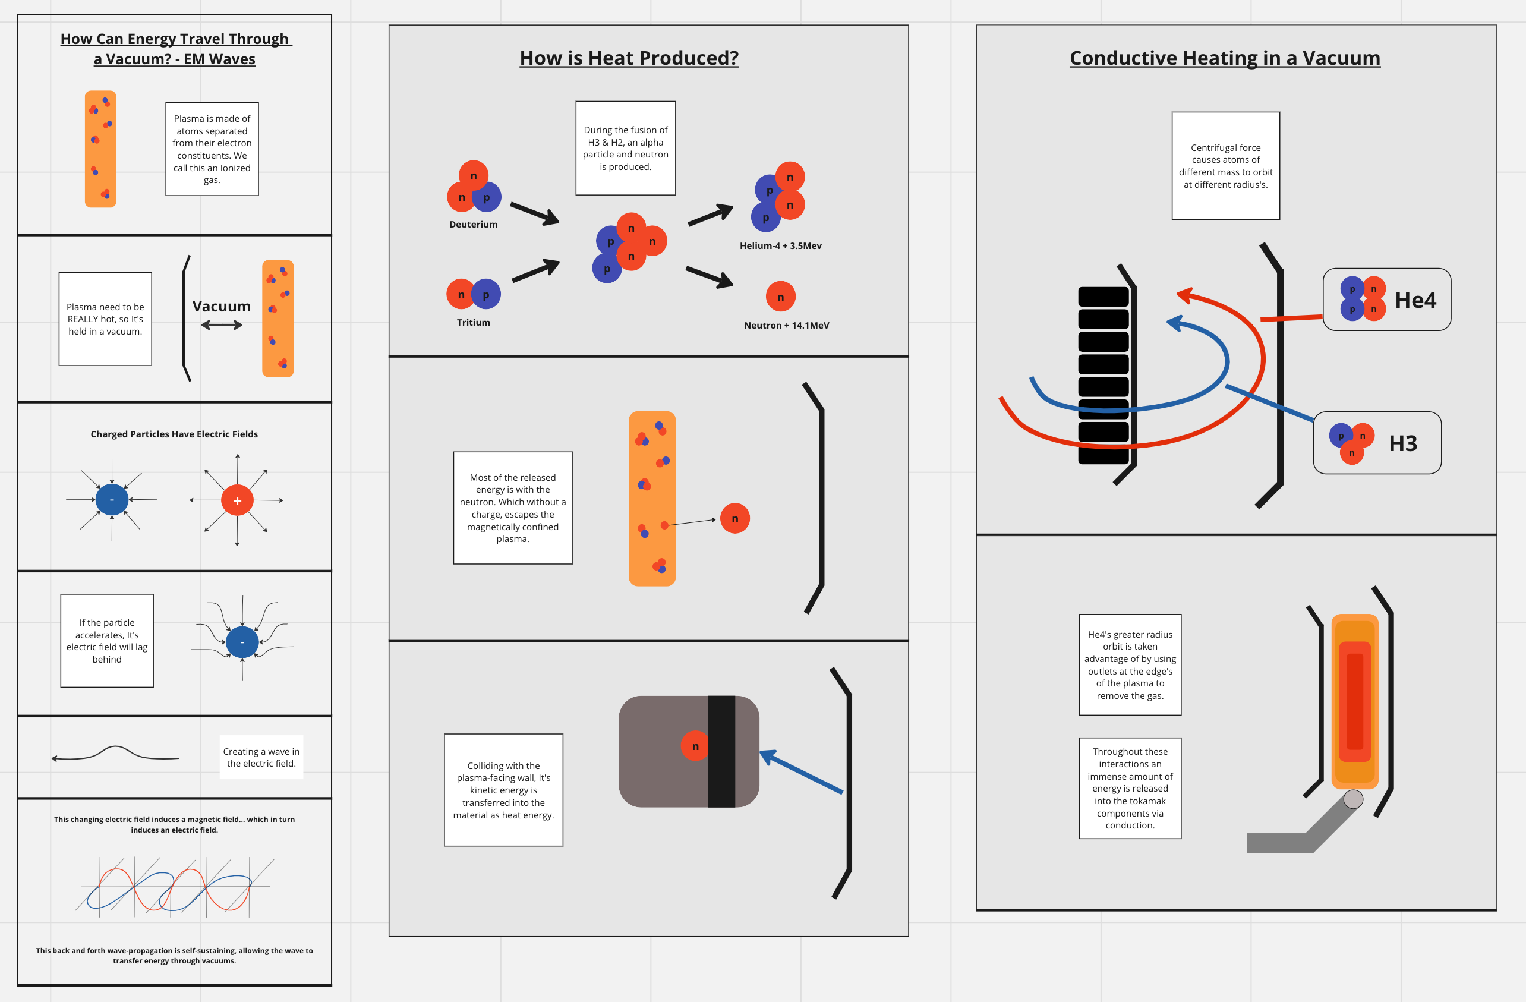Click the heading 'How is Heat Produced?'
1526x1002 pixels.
[628, 58]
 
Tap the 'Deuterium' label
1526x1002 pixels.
[473, 225]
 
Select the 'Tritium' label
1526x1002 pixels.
[473, 323]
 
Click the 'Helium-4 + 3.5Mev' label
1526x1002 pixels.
[780, 245]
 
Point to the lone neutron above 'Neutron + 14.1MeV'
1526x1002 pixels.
[780, 297]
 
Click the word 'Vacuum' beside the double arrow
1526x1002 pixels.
[221, 307]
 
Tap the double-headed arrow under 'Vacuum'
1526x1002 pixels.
[221, 326]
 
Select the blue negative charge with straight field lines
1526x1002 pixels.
[112, 499]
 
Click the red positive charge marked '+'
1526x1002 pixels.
[237, 500]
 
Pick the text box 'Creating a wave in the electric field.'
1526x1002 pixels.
[261, 757]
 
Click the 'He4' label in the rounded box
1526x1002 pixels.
[1415, 300]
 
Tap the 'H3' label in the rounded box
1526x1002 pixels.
[1403, 443]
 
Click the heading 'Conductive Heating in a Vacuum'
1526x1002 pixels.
[1225, 58]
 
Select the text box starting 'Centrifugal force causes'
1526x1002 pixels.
[1225, 166]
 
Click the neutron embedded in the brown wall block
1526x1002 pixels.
[695, 746]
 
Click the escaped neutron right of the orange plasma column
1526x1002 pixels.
[735, 519]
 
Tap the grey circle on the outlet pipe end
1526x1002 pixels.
[1353, 799]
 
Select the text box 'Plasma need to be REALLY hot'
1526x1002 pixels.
[105, 319]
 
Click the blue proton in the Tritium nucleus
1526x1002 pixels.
[486, 294]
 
